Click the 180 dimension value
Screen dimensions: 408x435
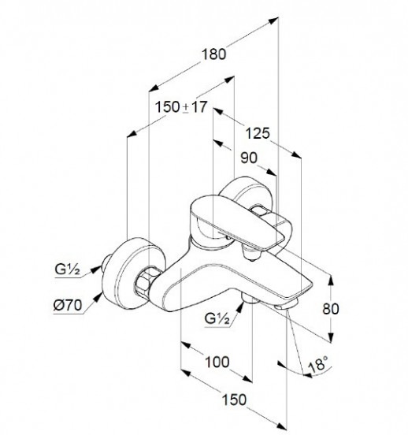point(213,54)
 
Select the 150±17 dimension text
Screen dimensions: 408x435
point(181,107)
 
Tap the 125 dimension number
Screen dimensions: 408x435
point(258,133)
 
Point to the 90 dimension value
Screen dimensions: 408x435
point(249,158)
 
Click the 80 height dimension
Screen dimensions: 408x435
point(331,309)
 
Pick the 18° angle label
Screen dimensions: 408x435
point(318,364)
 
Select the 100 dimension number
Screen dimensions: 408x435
point(217,362)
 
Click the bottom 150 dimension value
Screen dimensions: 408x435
point(234,400)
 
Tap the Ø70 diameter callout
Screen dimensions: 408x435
point(68,306)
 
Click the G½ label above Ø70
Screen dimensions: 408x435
point(68,270)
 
